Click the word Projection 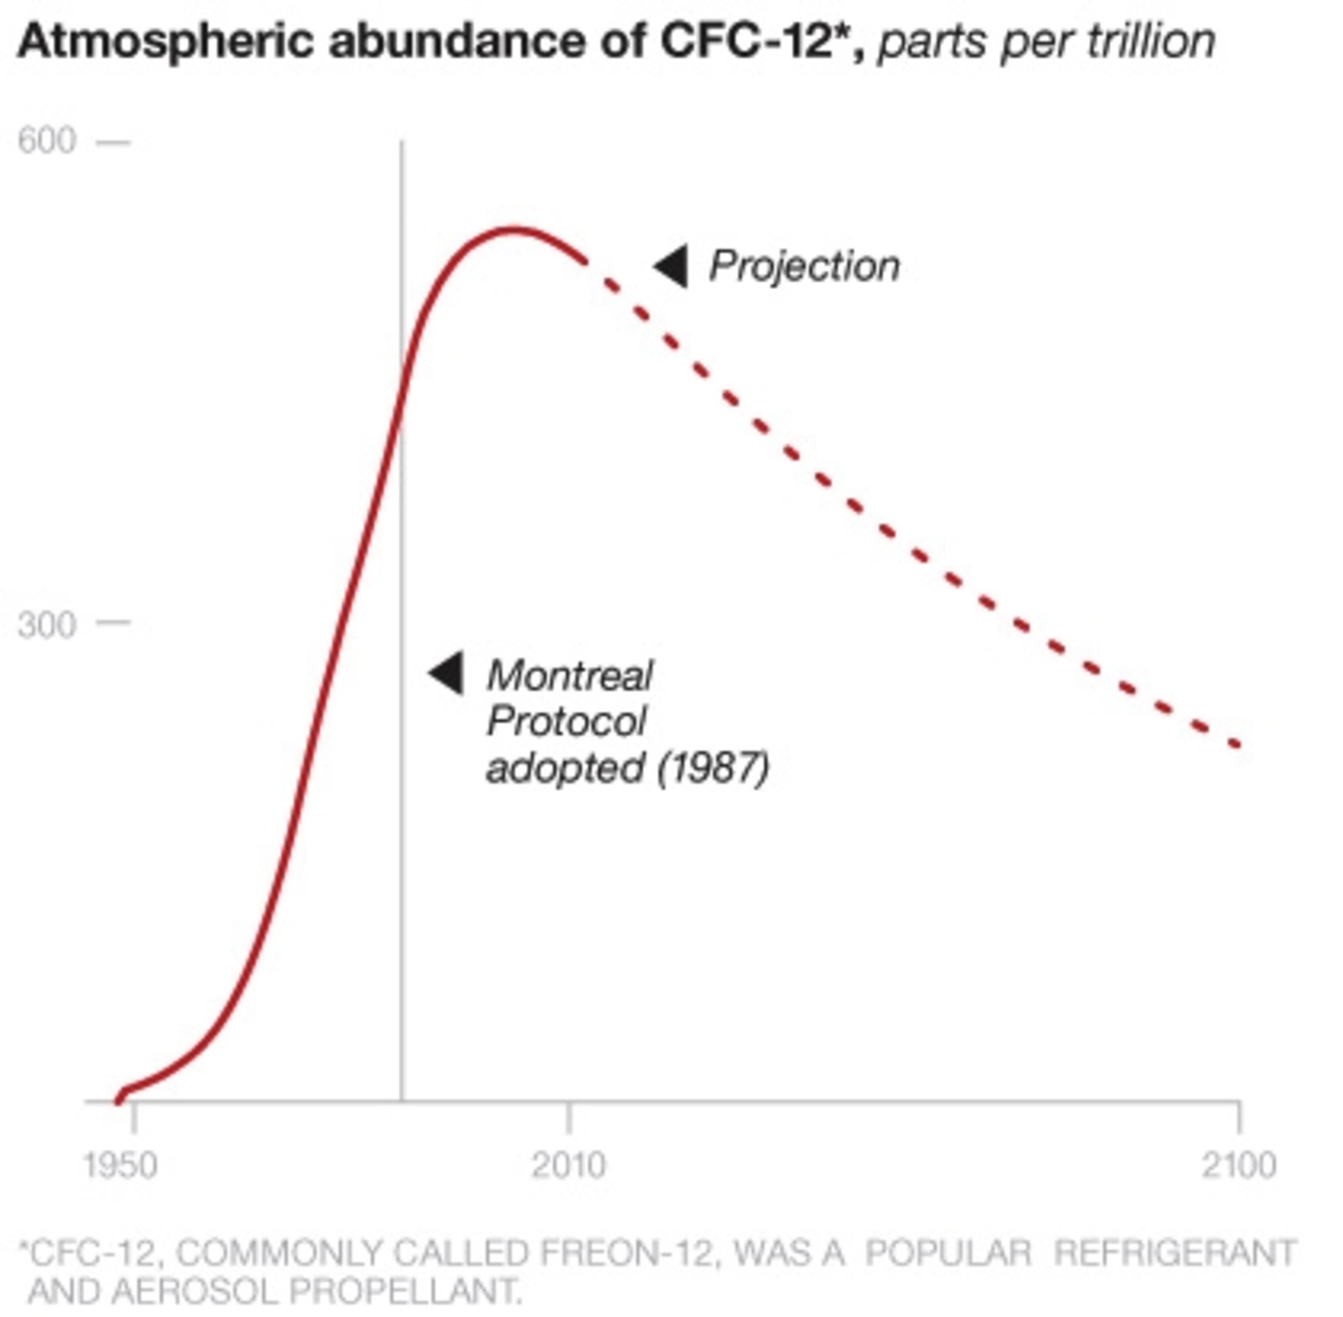coord(804,266)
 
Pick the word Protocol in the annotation coord(566,722)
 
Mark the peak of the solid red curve coord(512,229)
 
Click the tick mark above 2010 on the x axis coord(569,1117)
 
